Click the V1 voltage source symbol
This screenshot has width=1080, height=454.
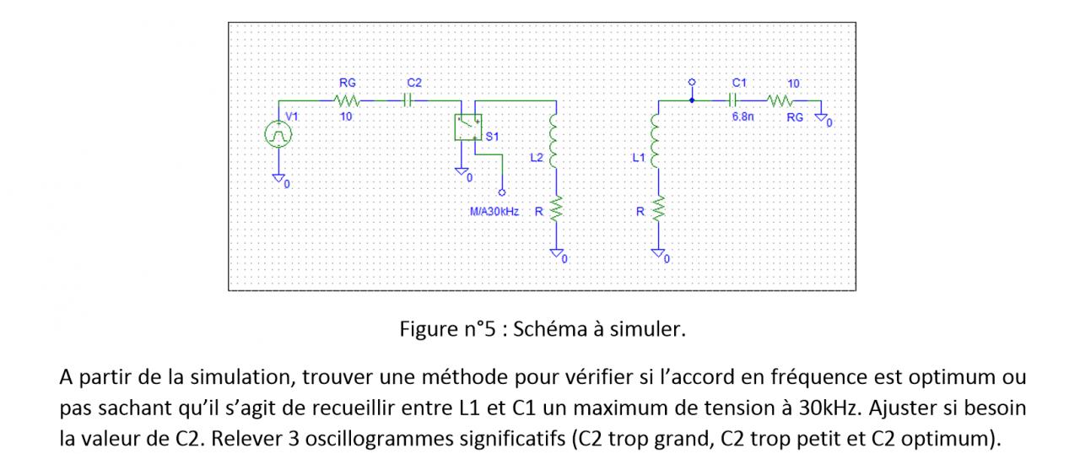tap(278, 133)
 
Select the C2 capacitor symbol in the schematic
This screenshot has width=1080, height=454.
tap(408, 100)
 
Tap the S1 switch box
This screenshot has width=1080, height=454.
tap(468, 127)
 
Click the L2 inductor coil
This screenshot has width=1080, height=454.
tap(554, 140)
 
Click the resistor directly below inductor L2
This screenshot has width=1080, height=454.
tap(554, 211)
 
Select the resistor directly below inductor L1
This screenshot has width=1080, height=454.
tap(656, 211)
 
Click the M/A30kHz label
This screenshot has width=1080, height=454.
tap(494, 211)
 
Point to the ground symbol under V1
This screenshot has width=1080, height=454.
tap(278, 177)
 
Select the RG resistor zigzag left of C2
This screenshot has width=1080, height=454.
tap(347, 100)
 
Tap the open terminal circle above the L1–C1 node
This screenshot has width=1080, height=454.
tap(692, 83)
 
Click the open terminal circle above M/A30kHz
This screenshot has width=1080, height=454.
tap(503, 192)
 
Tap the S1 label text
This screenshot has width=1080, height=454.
tap(493, 136)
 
